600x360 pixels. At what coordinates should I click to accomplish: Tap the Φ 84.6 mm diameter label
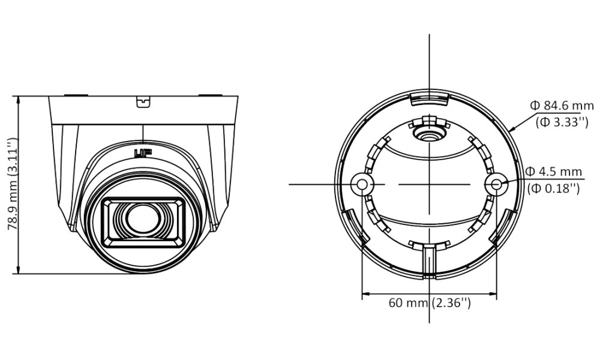click(x=562, y=105)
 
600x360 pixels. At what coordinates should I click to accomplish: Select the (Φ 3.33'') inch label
click(x=562, y=122)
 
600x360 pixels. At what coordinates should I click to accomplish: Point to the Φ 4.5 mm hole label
click(x=554, y=171)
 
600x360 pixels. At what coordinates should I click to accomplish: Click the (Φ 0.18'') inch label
click(x=553, y=188)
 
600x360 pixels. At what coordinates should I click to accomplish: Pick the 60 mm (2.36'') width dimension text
click(x=430, y=302)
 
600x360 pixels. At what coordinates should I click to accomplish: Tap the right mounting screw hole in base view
click(x=496, y=184)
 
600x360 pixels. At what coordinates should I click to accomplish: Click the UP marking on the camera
click(x=143, y=153)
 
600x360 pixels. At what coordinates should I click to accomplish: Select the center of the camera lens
click(x=143, y=219)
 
